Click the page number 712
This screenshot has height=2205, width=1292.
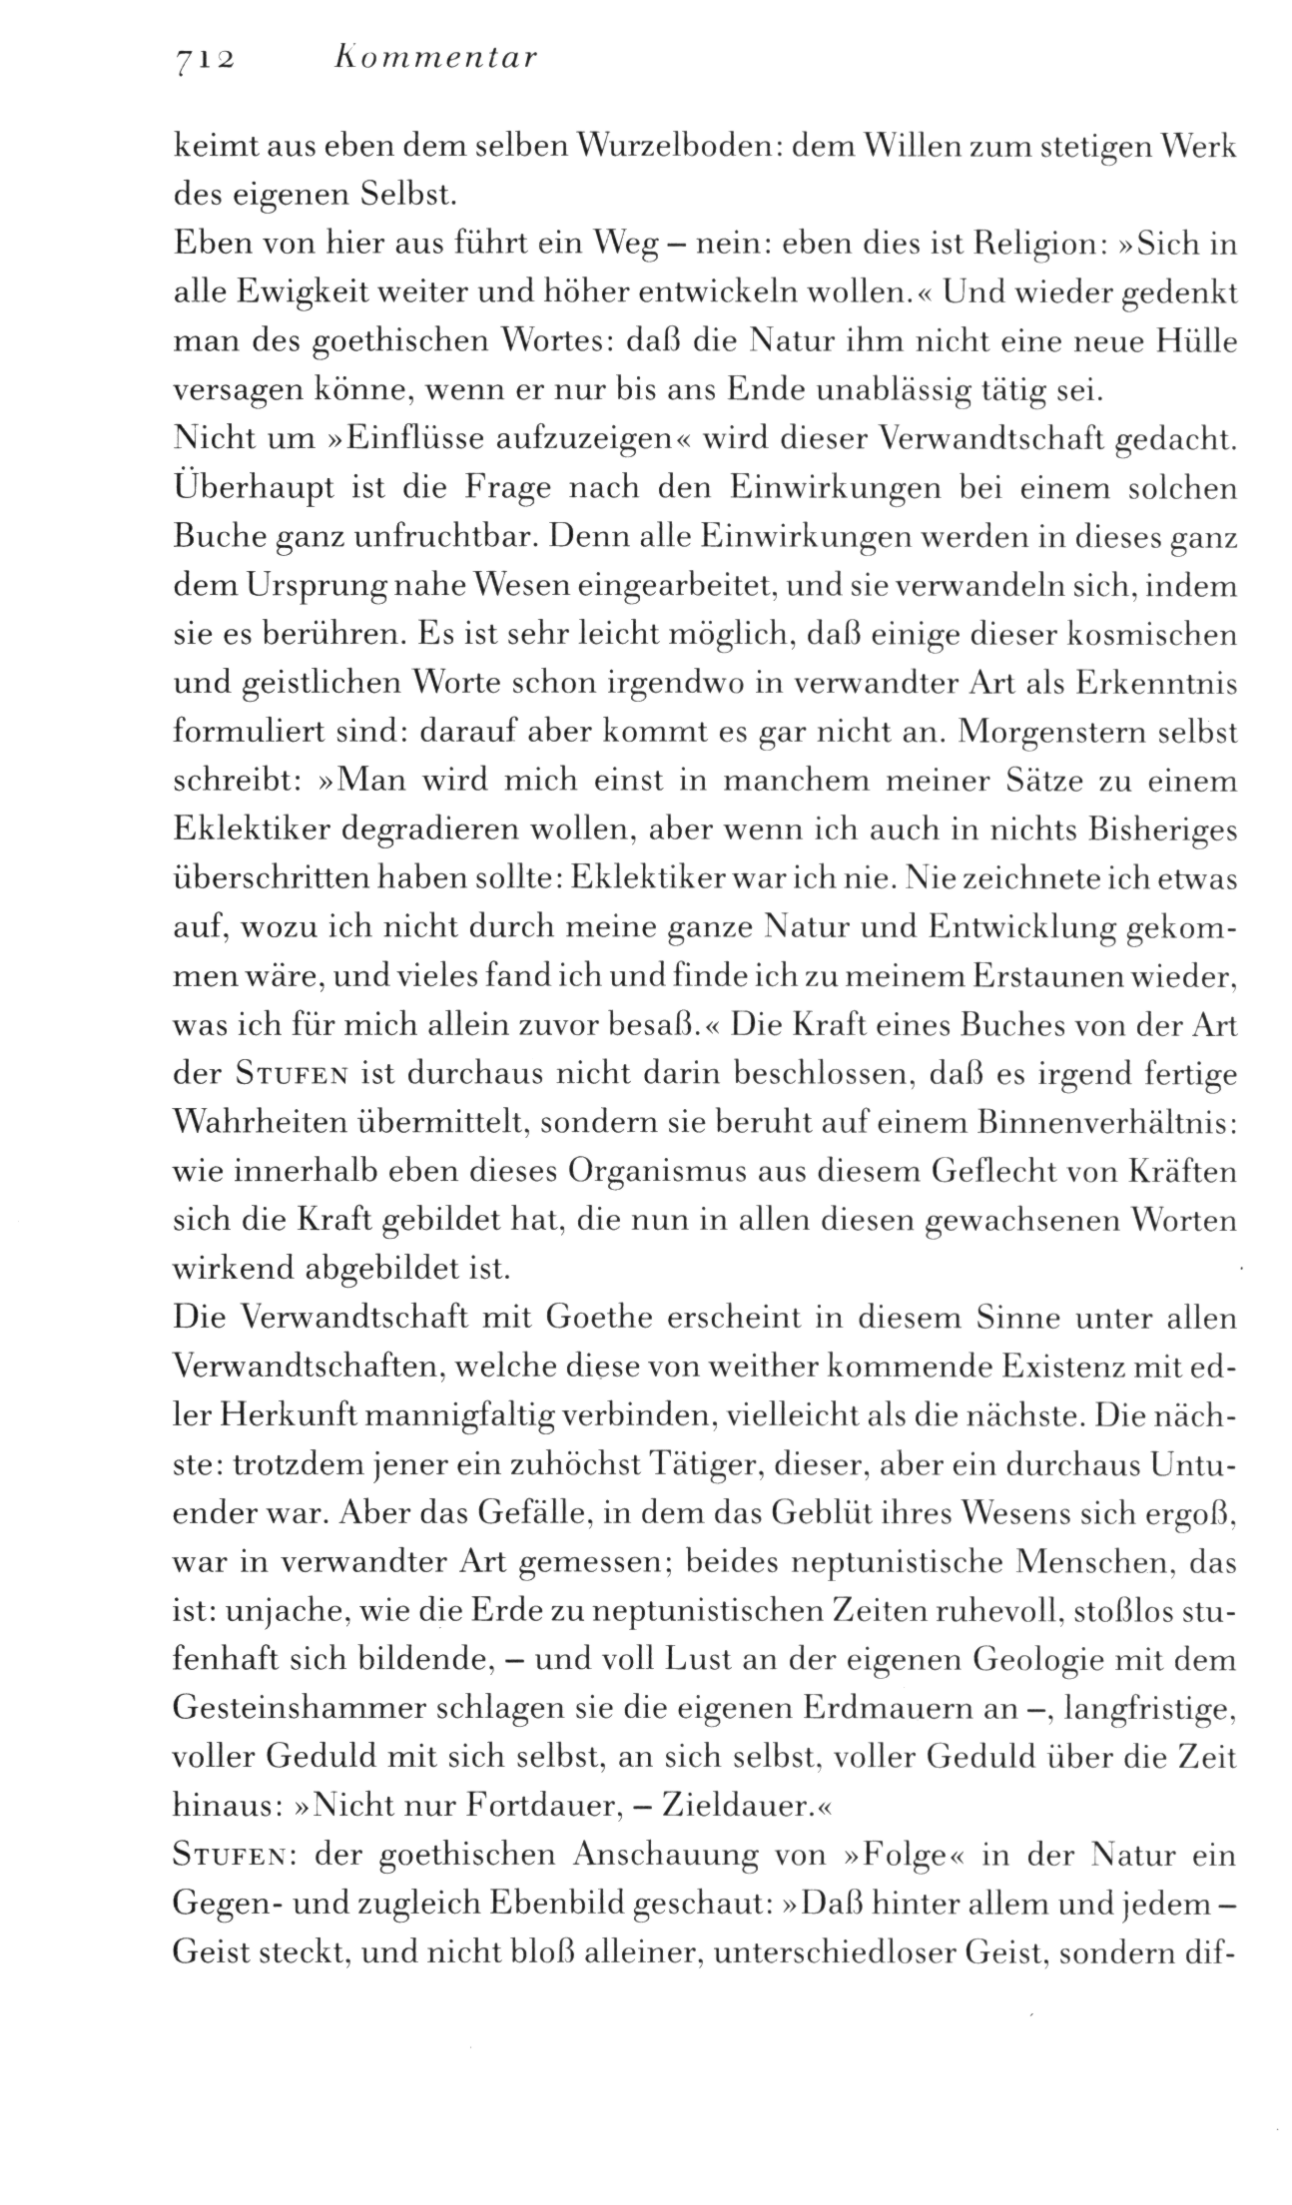click(x=203, y=59)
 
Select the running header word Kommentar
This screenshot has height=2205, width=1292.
click(x=432, y=58)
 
